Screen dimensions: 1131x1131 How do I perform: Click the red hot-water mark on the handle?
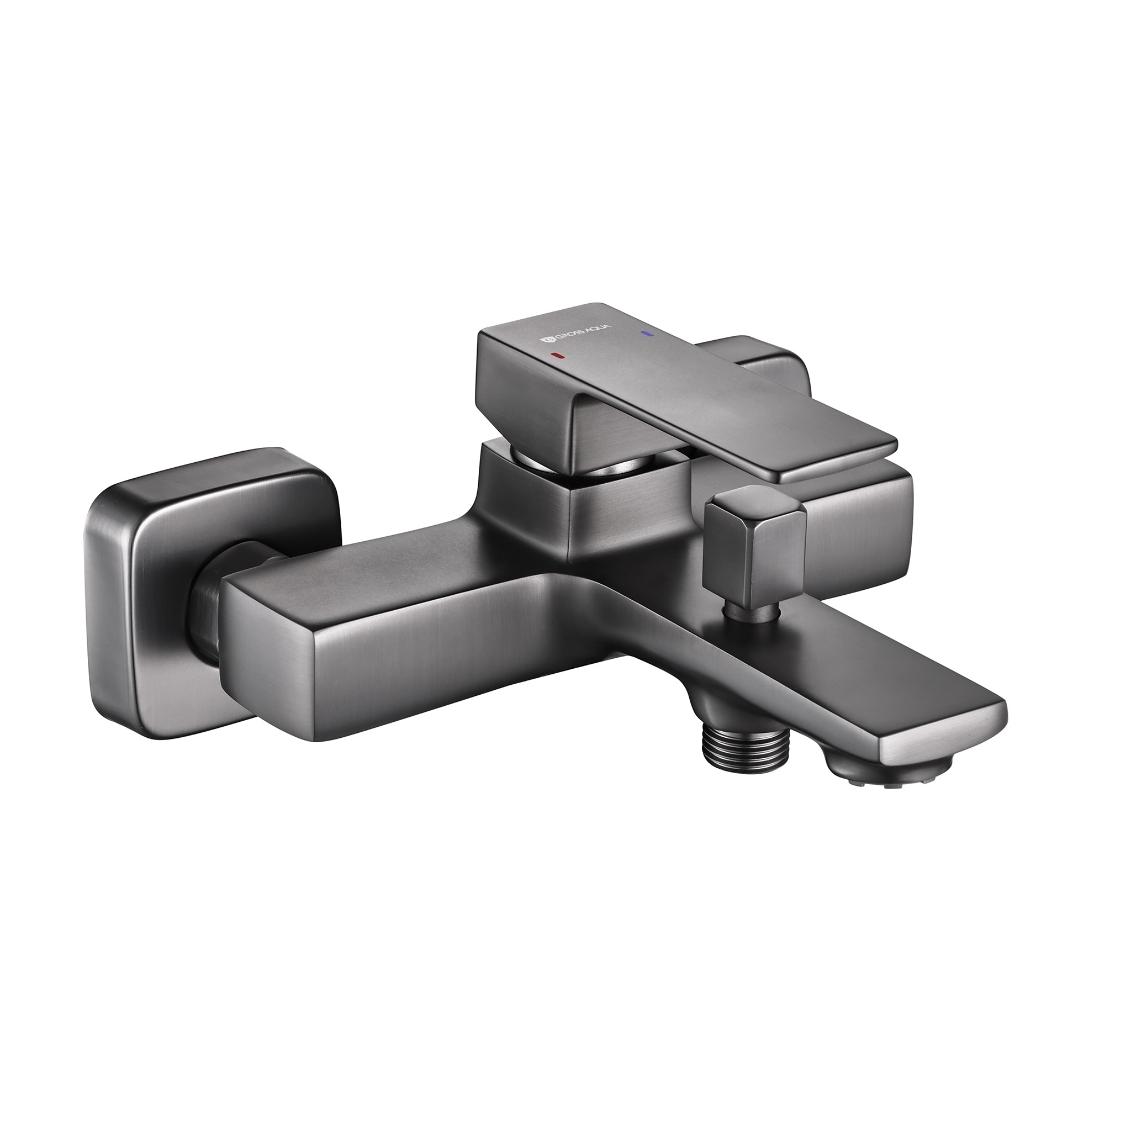(558, 355)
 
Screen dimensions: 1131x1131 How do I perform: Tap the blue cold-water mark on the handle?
(646, 334)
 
